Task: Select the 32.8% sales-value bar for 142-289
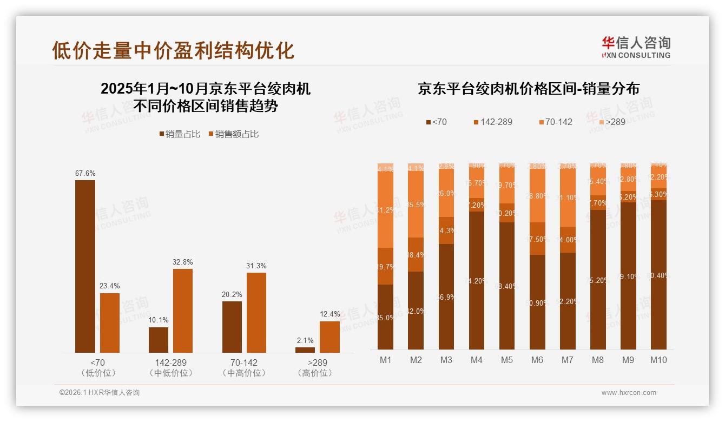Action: click(x=183, y=311)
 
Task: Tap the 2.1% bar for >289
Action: click(x=305, y=350)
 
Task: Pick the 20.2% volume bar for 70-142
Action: click(x=232, y=327)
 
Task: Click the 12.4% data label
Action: click(x=330, y=314)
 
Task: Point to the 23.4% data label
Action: click(x=110, y=286)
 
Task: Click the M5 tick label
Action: click(x=506, y=360)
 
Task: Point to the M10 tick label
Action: click(x=658, y=360)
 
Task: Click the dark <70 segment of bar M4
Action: click(x=477, y=280)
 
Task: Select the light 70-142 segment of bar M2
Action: click(x=416, y=204)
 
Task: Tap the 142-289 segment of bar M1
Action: click(x=385, y=266)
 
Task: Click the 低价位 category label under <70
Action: click(x=98, y=373)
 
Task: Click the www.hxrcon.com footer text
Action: click(x=629, y=393)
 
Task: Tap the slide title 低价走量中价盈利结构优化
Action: click(x=173, y=50)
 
